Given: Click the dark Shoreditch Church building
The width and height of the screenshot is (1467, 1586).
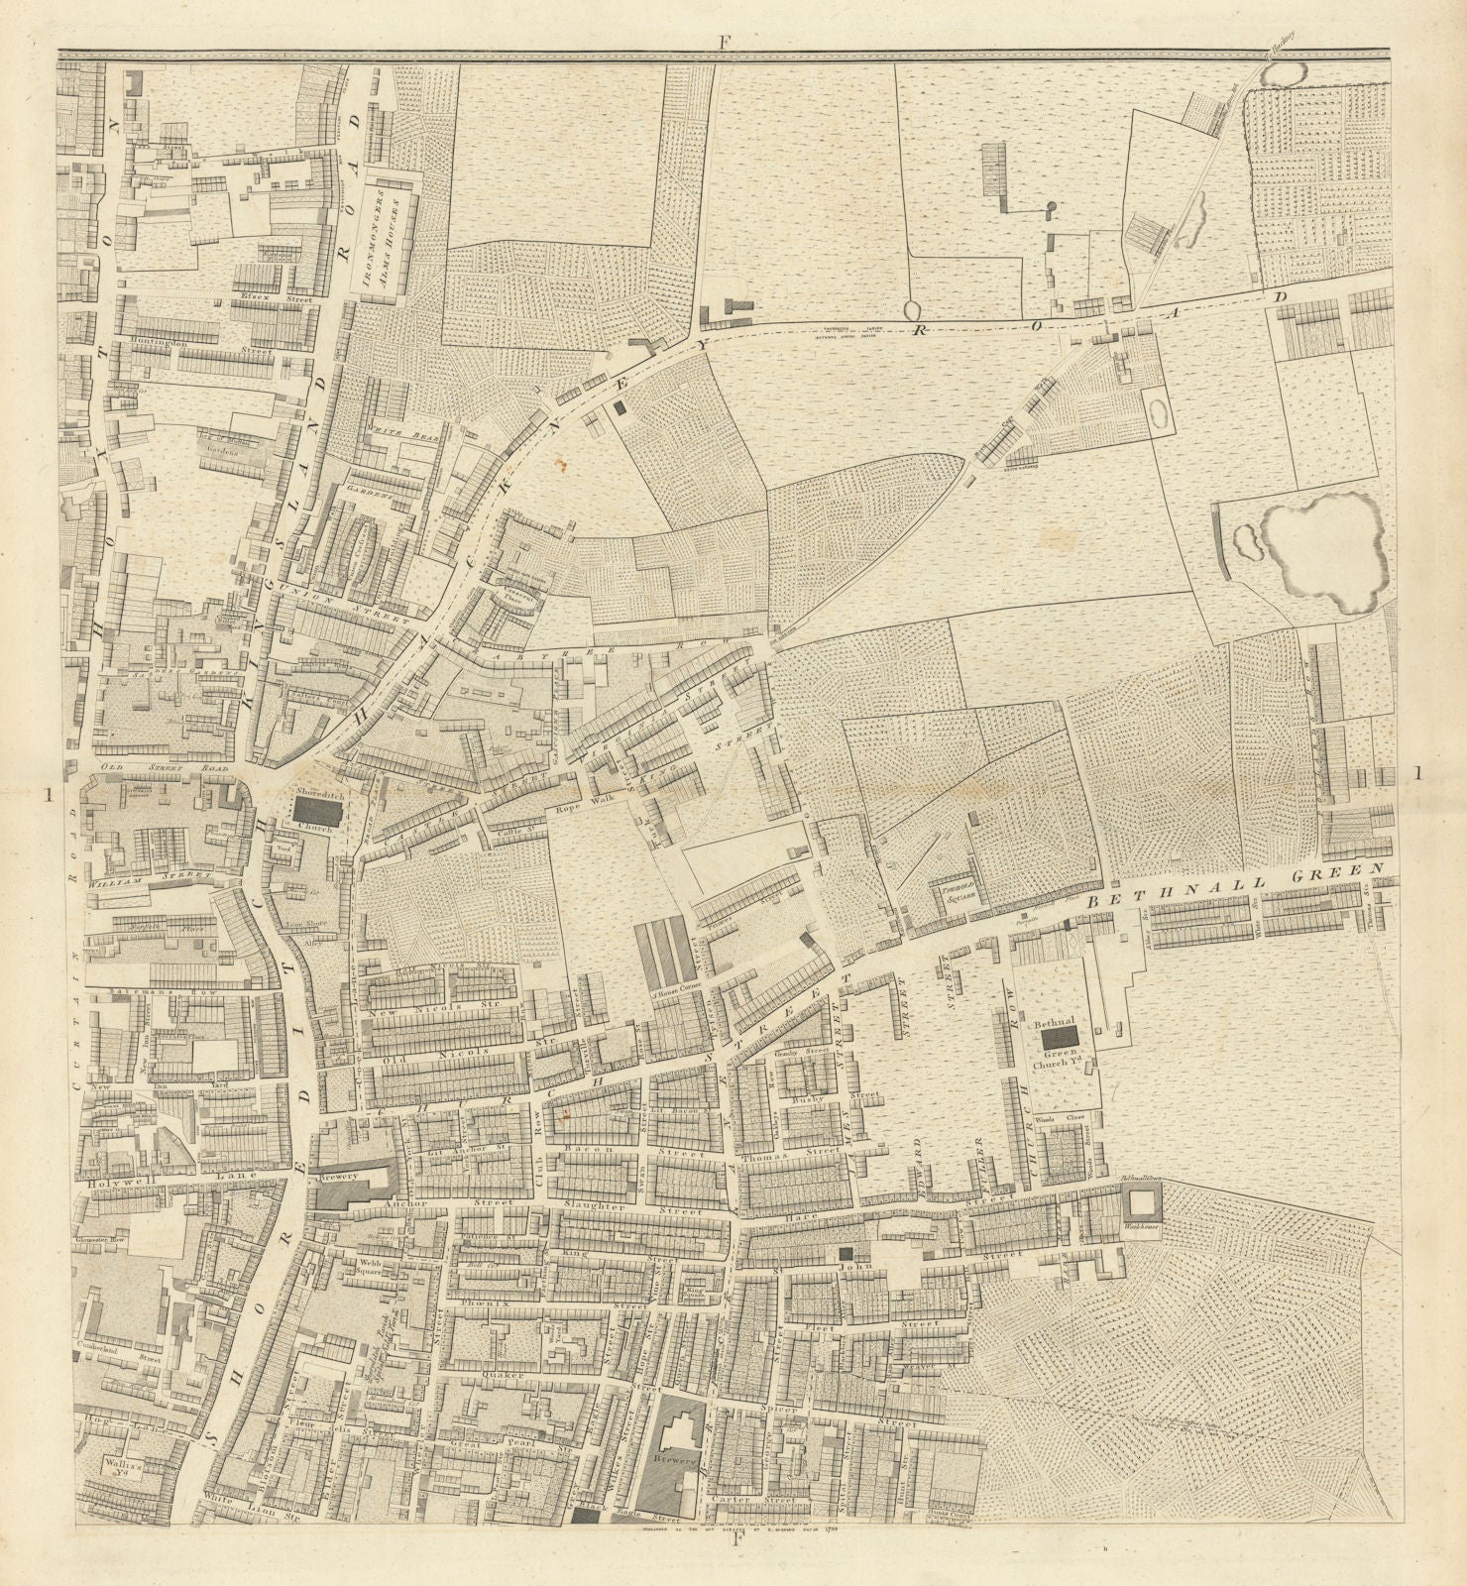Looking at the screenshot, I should click(316, 814).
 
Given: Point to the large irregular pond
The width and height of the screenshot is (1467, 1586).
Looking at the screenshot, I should click(1327, 550).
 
